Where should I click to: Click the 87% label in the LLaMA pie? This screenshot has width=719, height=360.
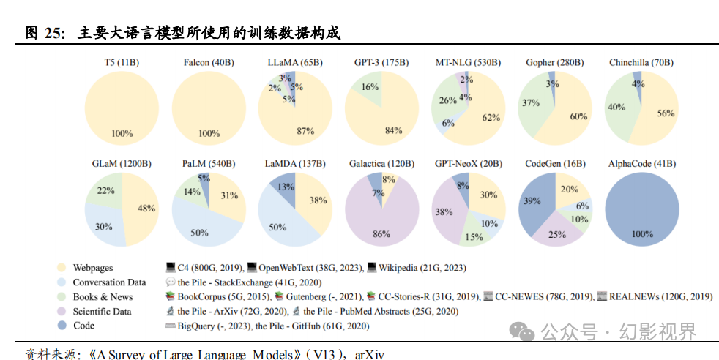click(x=305, y=131)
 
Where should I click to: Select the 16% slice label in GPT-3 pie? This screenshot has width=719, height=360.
click(x=370, y=87)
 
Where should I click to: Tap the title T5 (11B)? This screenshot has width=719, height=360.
click(x=122, y=63)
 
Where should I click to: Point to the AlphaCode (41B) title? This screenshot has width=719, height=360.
click(x=642, y=164)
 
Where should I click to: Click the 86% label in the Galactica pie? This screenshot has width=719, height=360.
click(x=381, y=234)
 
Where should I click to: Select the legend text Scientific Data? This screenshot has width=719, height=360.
click(x=103, y=311)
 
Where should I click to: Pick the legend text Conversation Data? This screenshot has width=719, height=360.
click(x=109, y=282)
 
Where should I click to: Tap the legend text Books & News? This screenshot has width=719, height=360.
click(x=103, y=297)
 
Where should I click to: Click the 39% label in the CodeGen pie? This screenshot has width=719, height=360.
click(x=532, y=201)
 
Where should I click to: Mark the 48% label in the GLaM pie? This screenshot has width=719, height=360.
click(x=146, y=209)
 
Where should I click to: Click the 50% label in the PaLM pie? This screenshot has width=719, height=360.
click(x=199, y=233)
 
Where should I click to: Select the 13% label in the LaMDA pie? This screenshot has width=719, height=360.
click(x=286, y=187)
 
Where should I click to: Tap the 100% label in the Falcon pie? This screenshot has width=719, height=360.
click(x=209, y=134)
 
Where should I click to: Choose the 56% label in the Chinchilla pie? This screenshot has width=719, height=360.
click(x=665, y=113)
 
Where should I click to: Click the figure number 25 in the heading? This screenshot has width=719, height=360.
click(x=56, y=33)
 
